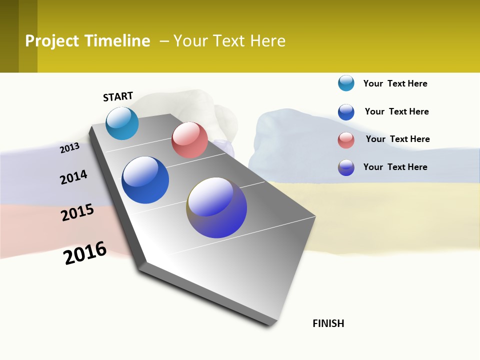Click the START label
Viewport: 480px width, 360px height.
tap(118, 96)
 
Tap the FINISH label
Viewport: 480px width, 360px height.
tap(328, 323)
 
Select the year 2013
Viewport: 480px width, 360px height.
tap(69, 148)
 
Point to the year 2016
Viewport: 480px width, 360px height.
tap(85, 253)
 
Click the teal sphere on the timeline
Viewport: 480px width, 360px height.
tap(122, 123)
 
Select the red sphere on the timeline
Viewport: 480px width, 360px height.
tap(189, 140)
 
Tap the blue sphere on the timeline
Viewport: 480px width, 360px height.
tap(145, 180)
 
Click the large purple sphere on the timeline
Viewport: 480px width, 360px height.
tap(216, 207)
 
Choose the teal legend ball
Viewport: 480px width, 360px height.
tap(346, 83)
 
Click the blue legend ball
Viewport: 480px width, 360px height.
tap(346, 112)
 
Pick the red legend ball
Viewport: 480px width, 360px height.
tap(346, 140)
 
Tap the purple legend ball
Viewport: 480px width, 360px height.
tap(346, 167)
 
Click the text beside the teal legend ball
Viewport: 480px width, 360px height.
tap(395, 83)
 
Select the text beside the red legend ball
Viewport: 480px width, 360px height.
tap(397, 139)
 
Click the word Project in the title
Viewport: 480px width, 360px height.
tap(52, 41)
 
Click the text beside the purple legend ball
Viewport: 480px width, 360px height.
tap(395, 167)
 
